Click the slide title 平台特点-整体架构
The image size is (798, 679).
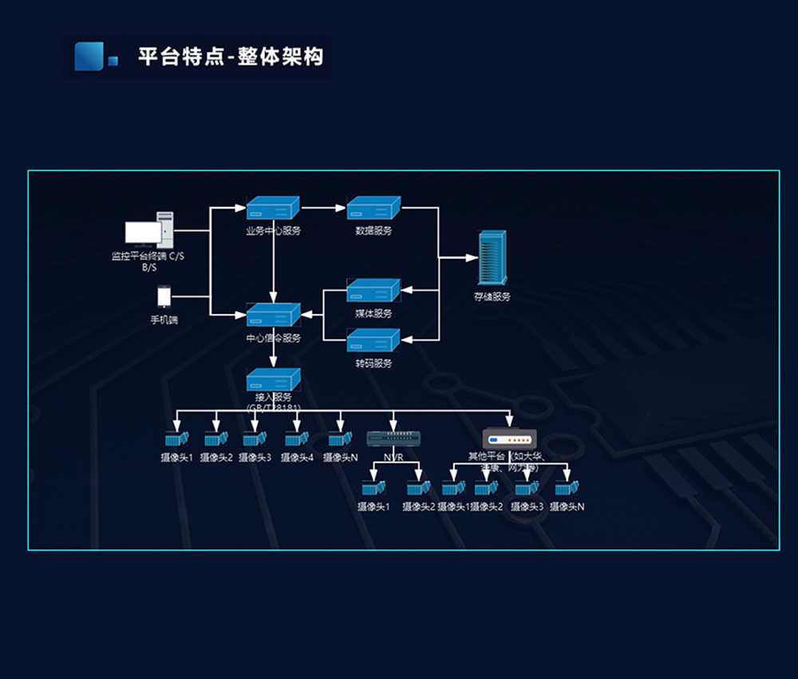(x=231, y=58)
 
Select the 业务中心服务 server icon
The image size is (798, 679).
(x=273, y=208)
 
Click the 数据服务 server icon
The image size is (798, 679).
(x=373, y=208)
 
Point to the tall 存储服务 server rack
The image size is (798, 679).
(x=492, y=258)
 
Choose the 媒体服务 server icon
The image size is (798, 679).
(x=373, y=292)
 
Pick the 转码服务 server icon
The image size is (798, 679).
(x=373, y=341)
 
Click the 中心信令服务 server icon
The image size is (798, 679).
(x=273, y=316)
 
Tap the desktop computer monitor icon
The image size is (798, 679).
(x=143, y=234)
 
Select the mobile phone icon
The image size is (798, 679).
(x=164, y=297)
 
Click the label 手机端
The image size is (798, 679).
(x=164, y=320)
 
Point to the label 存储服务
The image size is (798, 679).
(x=492, y=297)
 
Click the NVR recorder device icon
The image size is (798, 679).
(x=393, y=439)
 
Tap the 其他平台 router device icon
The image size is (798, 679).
(x=509, y=439)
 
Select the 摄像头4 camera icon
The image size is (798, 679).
(x=297, y=439)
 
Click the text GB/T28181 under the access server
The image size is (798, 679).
(x=274, y=408)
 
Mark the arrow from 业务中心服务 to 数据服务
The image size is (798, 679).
(x=323, y=208)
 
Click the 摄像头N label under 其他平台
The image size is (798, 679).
(x=567, y=506)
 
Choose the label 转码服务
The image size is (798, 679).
(x=373, y=363)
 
